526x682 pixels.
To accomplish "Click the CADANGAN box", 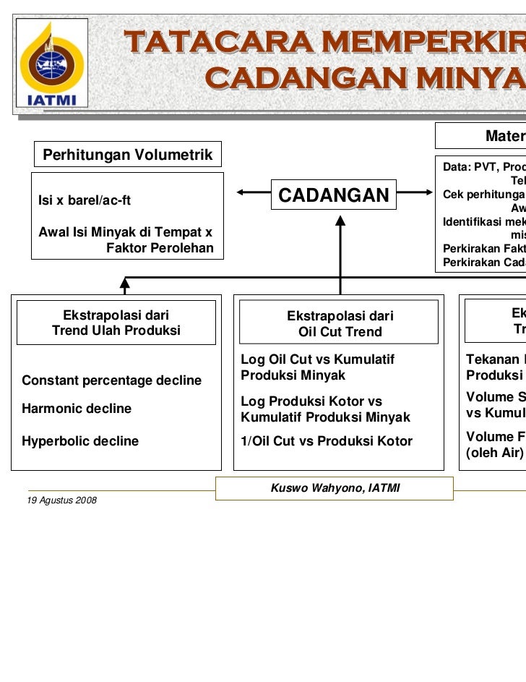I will coord(333,195).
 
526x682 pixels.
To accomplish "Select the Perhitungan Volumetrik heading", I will coord(128,154).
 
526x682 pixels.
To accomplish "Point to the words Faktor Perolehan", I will coord(160,248).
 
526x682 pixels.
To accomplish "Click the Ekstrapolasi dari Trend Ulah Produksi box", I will coord(116,323).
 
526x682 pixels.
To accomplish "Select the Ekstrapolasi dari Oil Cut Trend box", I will coord(340,324).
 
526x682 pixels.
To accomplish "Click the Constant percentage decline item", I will coord(112,380).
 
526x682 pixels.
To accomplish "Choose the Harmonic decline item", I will coord(77,409).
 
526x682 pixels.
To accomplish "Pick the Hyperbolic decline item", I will coord(81,440).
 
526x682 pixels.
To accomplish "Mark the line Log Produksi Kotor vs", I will coord(311,401).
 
